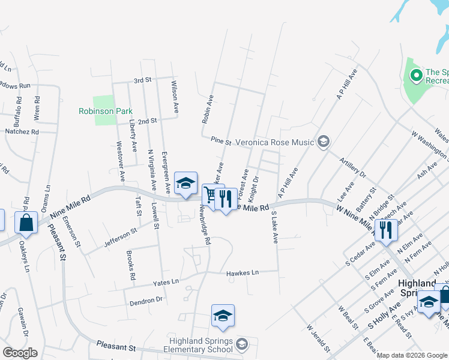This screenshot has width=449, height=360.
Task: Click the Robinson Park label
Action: pyautogui.click(x=97, y=111)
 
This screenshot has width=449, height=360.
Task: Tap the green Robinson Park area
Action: pyautogui.click(x=104, y=103)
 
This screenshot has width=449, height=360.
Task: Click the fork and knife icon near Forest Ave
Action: pyautogui.click(x=226, y=199)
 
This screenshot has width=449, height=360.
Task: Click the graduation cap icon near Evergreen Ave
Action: pyautogui.click(x=186, y=182)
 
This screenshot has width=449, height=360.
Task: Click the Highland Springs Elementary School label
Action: pyautogui.click(x=200, y=345)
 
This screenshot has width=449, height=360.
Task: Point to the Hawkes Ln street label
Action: pyautogui.click(x=242, y=273)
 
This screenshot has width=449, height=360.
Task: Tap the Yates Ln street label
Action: pyautogui.click(x=166, y=281)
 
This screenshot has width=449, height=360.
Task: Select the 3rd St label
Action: pyautogui.click(x=143, y=80)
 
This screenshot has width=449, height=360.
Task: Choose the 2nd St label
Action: pyautogui.click(x=147, y=121)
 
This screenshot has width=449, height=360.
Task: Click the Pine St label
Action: pyautogui.click(x=221, y=141)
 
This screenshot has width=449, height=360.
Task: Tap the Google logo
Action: pyautogui.click(x=19, y=353)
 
